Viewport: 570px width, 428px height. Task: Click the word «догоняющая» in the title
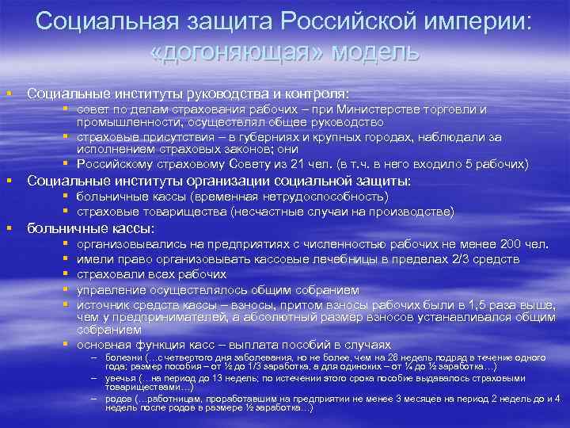pyautogui.click(x=237, y=52)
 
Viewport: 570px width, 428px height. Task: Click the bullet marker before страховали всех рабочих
pyautogui.click(x=66, y=273)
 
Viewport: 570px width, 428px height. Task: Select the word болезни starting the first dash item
pyautogui.click(x=112, y=357)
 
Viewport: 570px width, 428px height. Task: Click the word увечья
pyautogui.click(x=111, y=379)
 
